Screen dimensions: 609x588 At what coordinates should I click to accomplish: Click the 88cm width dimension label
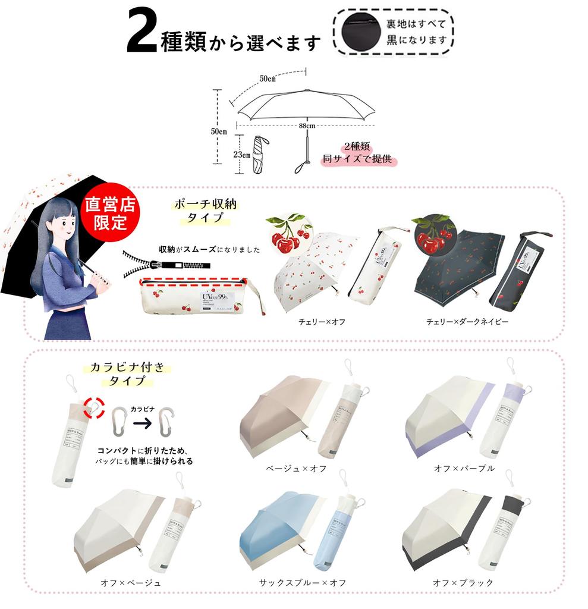point(306,126)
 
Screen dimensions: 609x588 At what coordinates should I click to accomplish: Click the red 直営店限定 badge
point(110,214)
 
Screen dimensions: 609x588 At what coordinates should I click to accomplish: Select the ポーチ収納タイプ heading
point(205,211)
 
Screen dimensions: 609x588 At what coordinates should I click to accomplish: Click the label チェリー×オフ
point(322,322)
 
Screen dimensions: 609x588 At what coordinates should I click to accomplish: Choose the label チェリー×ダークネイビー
point(467,322)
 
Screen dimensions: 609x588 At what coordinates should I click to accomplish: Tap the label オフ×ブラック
point(463,583)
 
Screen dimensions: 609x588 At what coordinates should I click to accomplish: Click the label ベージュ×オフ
point(296,469)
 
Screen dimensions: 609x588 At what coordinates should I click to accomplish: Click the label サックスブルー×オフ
point(302,583)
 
